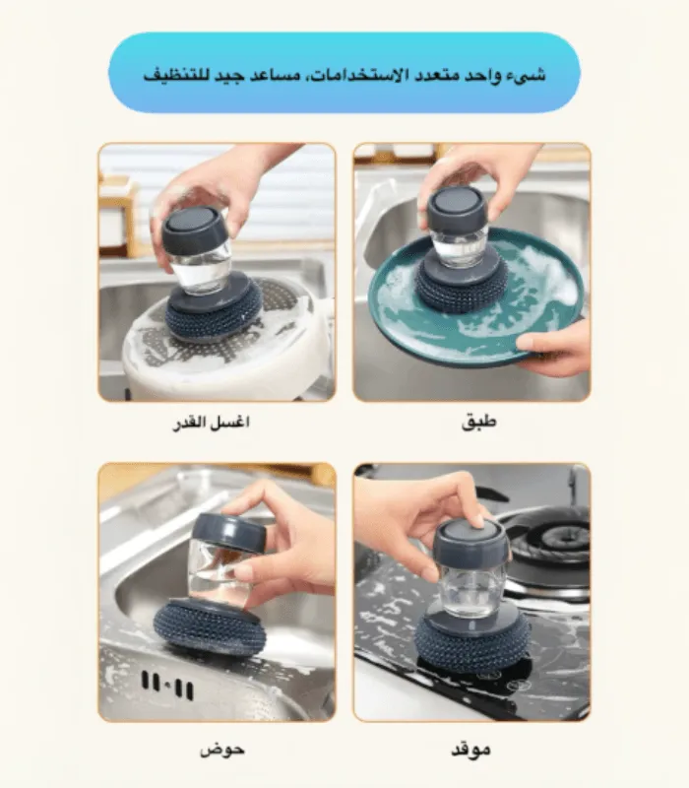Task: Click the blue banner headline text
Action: tap(344, 76)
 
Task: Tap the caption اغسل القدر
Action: tap(211, 423)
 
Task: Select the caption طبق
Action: tap(478, 422)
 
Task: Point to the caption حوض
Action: tap(222, 750)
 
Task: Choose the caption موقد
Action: tap(470, 750)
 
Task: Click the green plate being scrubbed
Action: tap(474, 301)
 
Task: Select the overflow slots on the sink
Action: tap(167, 685)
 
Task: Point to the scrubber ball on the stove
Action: tap(472, 646)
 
